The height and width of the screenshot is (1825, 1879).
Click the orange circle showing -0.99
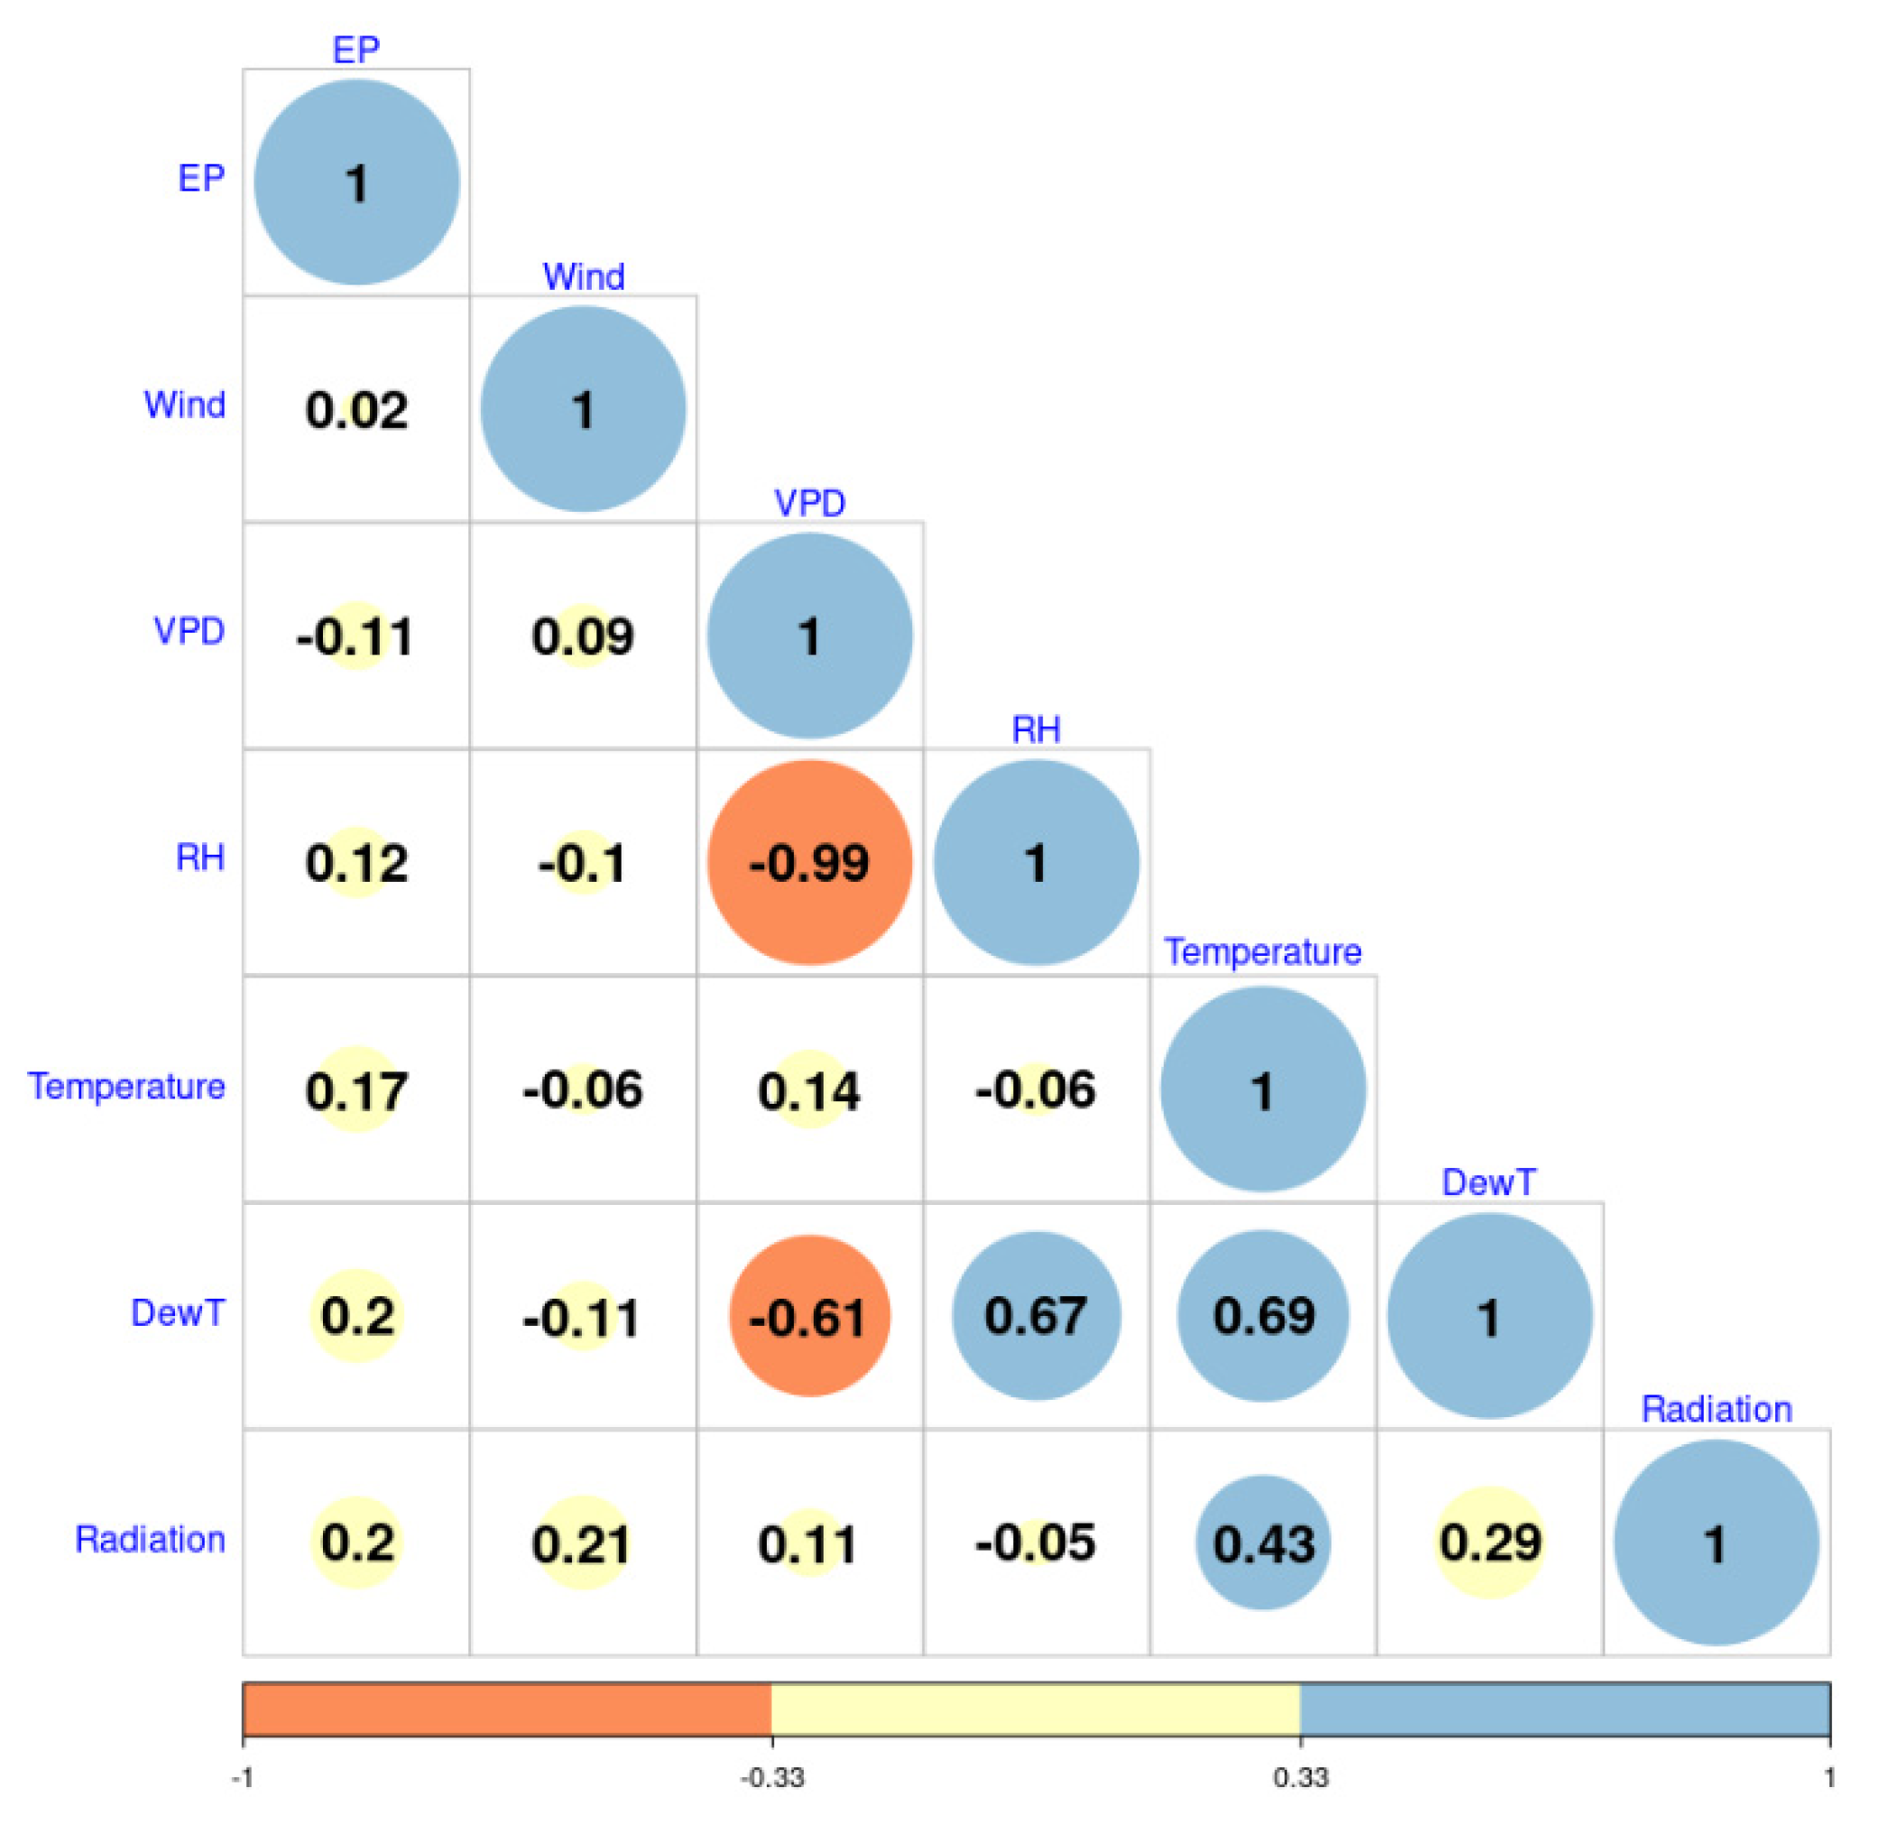pyautogui.click(x=809, y=862)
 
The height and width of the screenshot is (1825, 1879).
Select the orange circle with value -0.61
pyautogui.click(x=809, y=1316)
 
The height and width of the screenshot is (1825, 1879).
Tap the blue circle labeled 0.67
pyautogui.click(x=1036, y=1316)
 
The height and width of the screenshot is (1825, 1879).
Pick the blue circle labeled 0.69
pyautogui.click(x=1263, y=1316)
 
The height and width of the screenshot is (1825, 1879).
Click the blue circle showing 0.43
pyautogui.click(x=1263, y=1543)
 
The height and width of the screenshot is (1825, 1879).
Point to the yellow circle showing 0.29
pyautogui.click(x=1488, y=1543)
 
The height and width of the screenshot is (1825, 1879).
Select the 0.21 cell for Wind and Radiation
pyautogui.click(x=582, y=1543)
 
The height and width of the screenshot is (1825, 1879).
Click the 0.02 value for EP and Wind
pyautogui.click(x=355, y=410)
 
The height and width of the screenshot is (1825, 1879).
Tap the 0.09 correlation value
pyautogui.click(x=582, y=635)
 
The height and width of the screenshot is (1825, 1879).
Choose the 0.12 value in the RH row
pyautogui.click(x=355, y=862)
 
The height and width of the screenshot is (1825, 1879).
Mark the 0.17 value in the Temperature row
pyautogui.click(x=355, y=1089)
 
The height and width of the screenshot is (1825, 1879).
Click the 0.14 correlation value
pyautogui.click(x=809, y=1089)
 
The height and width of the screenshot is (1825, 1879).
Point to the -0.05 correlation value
pyautogui.click(x=1036, y=1543)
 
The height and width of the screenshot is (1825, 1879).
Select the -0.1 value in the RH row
pyautogui.click(x=582, y=862)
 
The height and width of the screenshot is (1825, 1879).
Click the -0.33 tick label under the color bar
pyautogui.click(x=772, y=1778)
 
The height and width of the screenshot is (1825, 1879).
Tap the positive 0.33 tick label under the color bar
pyautogui.click(x=1300, y=1778)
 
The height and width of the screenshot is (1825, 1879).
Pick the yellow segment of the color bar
pyautogui.click(x=1036, y=1709)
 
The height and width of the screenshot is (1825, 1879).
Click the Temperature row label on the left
pyautogui.click(x=126, y=1087)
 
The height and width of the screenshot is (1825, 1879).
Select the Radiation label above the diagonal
pyautogui.click(x=1716, y=1409)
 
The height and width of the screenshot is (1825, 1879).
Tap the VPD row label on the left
pyautogui.click(x=189, y=631)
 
